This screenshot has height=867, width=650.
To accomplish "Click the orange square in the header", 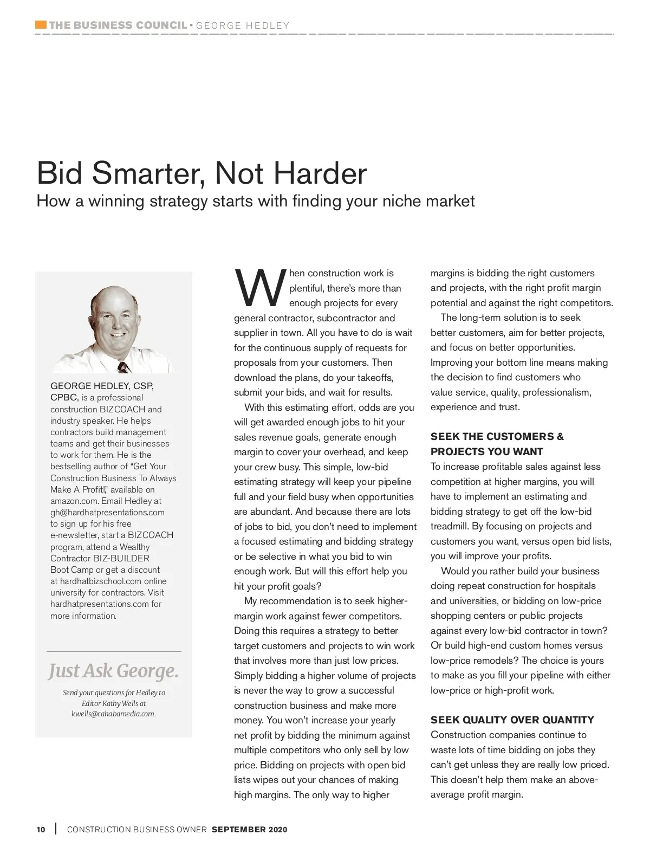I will tap(41, 25).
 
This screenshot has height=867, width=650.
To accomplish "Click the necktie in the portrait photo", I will tap(124, 367).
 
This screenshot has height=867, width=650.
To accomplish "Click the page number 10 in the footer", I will tap(41, 830).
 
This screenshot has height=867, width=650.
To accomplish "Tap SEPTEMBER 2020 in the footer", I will tap(250, 830).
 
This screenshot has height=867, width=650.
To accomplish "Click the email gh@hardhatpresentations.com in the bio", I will tap(107, 512).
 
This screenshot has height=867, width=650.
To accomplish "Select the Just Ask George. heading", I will tap(113, 671).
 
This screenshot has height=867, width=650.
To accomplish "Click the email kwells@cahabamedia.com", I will tap(113, 714).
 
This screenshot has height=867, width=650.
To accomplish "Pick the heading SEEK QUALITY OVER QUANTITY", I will tap(512, 720).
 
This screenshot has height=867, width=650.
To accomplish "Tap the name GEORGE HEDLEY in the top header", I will tap(243, 25).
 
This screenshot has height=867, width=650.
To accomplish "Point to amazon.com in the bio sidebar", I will tap(74, 501).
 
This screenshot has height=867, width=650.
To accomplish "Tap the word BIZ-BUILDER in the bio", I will tap(121, 558).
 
